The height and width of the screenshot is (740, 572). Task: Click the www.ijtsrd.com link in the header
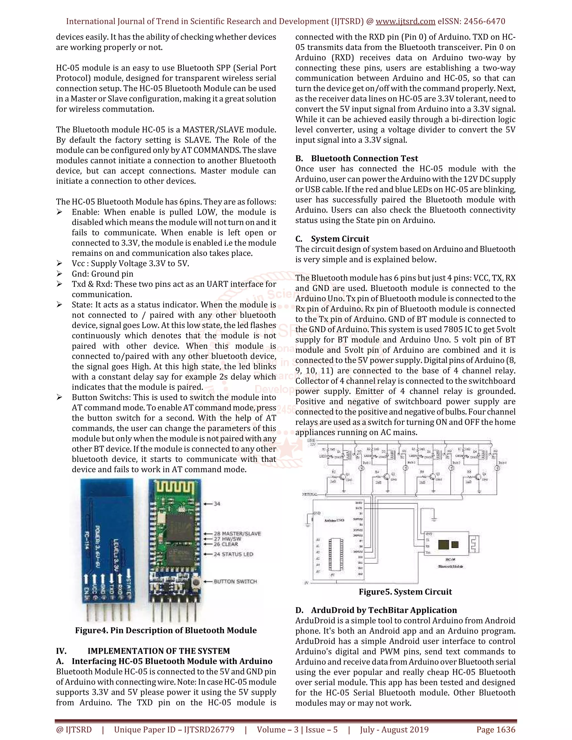coord(405,21)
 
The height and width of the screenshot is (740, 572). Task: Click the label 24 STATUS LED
coord(233,554)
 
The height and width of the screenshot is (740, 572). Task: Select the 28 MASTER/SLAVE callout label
coord(237,534)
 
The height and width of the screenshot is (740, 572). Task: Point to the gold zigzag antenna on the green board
coord(175,488)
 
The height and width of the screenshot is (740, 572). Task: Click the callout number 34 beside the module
coord(217,504)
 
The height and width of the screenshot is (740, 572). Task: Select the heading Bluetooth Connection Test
coord(364,159)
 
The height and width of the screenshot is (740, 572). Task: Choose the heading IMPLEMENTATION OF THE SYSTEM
coord(159,651)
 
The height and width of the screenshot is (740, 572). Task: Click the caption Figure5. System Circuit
coord(405,592)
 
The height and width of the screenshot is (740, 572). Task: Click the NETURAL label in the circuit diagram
coord(309,494)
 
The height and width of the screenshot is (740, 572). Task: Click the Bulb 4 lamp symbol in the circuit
coord(497,468)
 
